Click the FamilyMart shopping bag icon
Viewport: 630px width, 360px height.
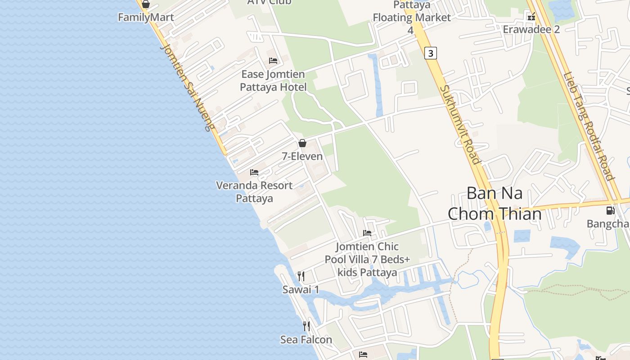coord(145,4)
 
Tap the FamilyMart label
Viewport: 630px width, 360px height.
coord(146,18)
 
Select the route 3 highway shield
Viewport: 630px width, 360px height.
coord(431,53)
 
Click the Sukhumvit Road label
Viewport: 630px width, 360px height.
coord(459,125)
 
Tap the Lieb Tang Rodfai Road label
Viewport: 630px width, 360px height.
coord(589,126)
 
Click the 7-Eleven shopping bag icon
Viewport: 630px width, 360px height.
coord(302,143)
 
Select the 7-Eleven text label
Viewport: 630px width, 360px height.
coord(302,157)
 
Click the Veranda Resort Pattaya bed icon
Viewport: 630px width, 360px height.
coord(254,172)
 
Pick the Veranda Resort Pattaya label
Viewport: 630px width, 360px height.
coord(254,192)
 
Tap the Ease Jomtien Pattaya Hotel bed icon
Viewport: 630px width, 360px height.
coord(273,61)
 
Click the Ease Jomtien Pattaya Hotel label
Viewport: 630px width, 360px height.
coord(273,81)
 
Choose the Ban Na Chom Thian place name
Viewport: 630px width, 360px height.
coord(495,203)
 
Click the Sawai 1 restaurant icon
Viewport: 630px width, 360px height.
coord(301,276)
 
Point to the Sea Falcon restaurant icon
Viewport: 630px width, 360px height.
coord(306,326)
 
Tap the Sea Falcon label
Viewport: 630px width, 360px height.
coord(306,340)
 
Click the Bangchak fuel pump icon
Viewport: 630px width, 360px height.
coord(610,210)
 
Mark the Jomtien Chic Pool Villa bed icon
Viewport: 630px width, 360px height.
coord(367,233)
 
